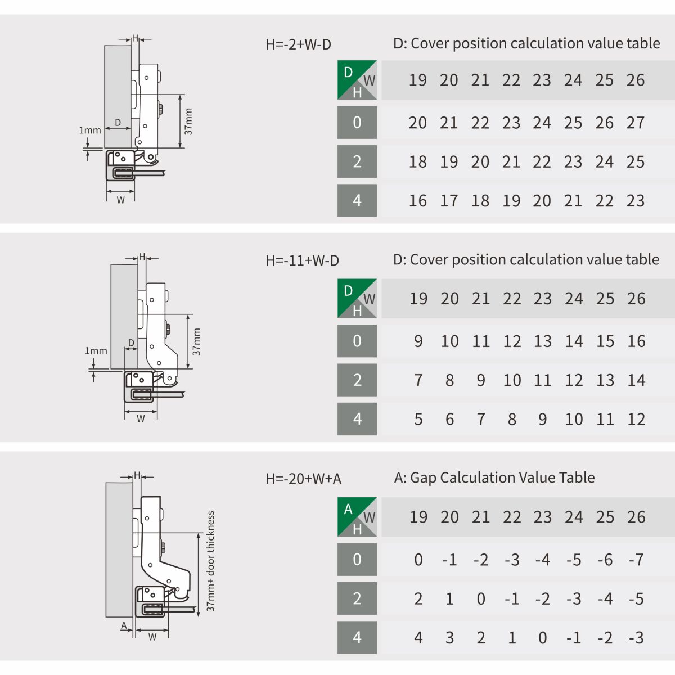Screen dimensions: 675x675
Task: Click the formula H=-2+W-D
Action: point(298,44)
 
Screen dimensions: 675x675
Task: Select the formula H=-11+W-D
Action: point(302,260)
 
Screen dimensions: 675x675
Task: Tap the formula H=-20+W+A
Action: point(303,479)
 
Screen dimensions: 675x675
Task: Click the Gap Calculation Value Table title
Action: point(494,478)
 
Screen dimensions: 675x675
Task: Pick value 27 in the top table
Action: point(636,123)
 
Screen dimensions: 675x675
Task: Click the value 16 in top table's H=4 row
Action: point(417,201)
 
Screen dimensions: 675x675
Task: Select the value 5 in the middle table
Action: point(418,419)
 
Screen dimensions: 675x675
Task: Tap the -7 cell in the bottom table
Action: point(636,560)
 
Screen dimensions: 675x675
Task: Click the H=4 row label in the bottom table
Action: point(357,637)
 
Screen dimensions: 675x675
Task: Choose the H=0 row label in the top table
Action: point(357,123)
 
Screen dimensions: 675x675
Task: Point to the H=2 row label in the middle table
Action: point(357,380)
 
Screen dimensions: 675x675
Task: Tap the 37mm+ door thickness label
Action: point(210,561)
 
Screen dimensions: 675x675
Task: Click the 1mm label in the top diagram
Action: point(90,130)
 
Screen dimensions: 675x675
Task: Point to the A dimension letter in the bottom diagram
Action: point(124,625)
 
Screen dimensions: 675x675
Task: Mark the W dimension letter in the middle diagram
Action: point(141,418)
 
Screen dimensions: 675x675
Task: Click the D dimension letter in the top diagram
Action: point(118,122)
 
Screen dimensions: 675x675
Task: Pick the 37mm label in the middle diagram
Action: point(196,342)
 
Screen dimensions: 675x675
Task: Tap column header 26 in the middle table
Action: point(636,299)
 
